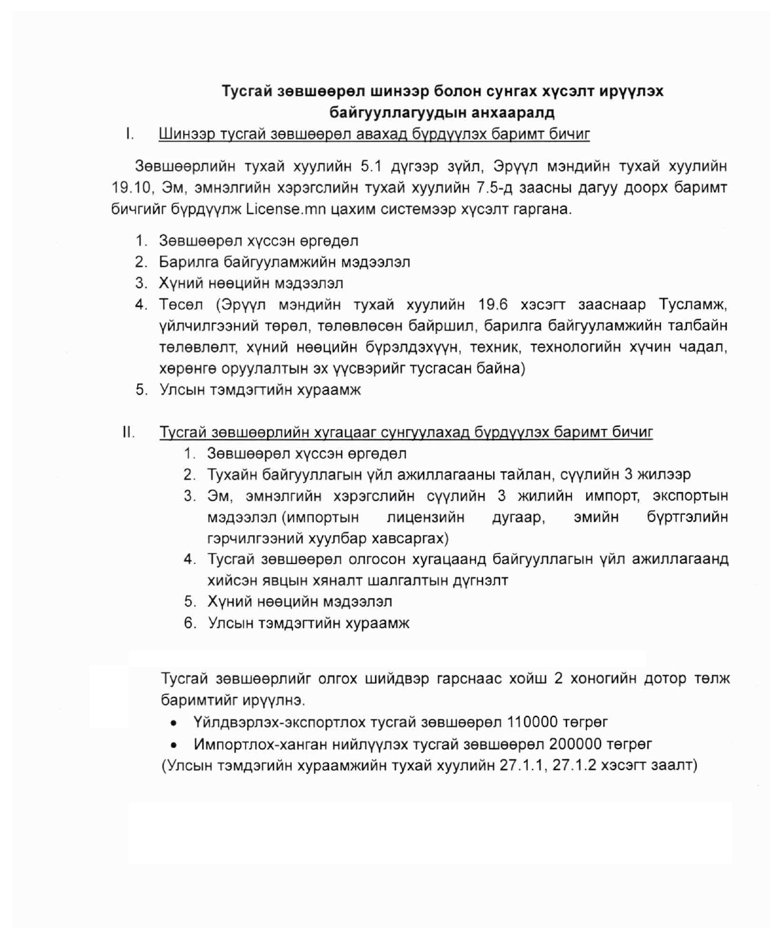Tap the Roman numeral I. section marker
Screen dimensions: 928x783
[129, 134]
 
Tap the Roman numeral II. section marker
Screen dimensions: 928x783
[128, 432]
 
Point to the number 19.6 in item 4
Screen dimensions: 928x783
[493, 304]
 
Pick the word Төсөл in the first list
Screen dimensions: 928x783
[181, 304]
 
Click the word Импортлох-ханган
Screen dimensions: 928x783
[260, 744]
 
